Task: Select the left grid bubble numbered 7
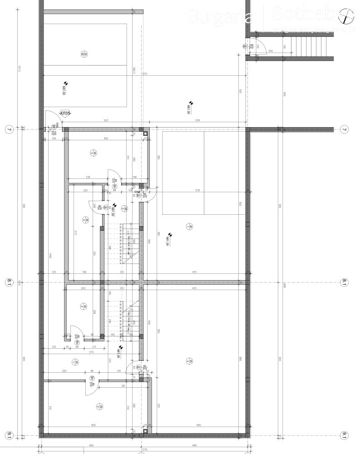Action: [8, 130]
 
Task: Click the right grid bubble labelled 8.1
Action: [345, 282]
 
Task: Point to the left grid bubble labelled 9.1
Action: [8, 435]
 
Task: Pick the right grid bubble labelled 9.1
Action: [345, 435]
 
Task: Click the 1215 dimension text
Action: [145, 74]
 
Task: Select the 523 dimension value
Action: [106, 121]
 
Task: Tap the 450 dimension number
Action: [105, 138]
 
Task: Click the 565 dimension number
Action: [198, 425]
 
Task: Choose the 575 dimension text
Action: [91, 352]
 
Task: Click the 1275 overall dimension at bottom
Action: [144, 450]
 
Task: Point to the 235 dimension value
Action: [88, 178]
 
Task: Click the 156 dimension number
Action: [134, 178]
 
